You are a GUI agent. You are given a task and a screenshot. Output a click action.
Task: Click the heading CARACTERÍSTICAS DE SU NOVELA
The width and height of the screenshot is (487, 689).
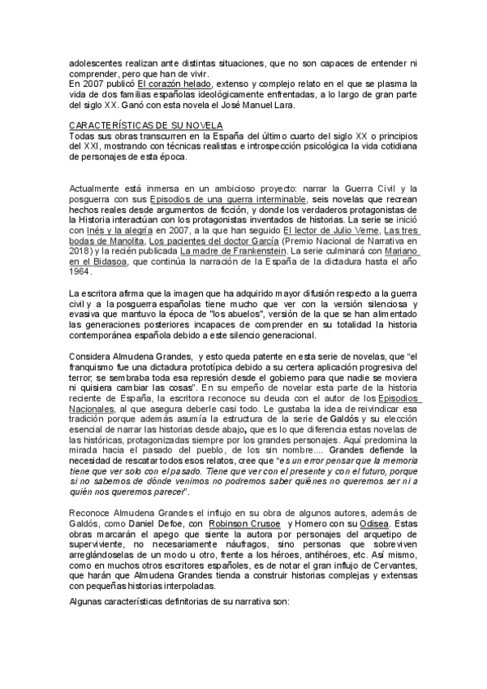click(x=140, y=124)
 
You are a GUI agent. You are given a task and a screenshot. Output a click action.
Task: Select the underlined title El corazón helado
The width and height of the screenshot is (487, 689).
click(x=175, y=84)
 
